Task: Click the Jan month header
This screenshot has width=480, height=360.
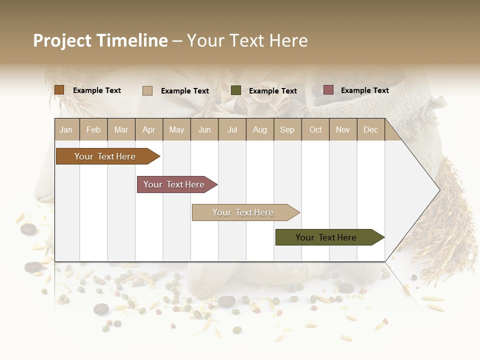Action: click(x=66, y=129)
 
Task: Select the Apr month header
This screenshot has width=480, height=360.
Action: click(x=148, y=129)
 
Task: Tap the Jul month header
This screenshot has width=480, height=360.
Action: click(x=232, y=129)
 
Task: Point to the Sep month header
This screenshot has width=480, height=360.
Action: click(x=287, y=129)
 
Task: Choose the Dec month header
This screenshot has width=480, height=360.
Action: click(x=370, y=129)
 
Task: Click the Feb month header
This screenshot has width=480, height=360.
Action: click(x=93, y=129)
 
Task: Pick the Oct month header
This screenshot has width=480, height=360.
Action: click(x=315, y=129)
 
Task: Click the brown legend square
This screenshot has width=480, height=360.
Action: click(x=59, y=90)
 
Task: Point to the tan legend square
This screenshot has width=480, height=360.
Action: click(x=147, y=90)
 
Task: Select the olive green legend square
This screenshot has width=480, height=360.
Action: click(x=236, y=90)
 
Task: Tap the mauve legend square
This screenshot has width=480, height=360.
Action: click(x=328, y=90)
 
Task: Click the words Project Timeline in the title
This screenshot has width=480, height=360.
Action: click(x=100, y=40)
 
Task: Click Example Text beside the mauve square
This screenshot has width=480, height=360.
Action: click(x=364, y=90)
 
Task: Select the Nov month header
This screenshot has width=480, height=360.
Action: click(x=343, y=129)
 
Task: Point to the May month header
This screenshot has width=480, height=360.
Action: click(x=176, y=129)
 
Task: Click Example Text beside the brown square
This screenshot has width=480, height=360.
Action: click(x=97, y=90)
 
